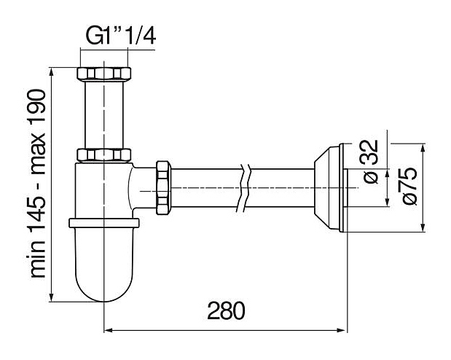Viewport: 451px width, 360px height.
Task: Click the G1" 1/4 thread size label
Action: click(x=121, y=36)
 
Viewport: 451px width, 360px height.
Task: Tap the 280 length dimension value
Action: click(x=226, y=310)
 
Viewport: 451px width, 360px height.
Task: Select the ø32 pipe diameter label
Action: click(x=371, y=162)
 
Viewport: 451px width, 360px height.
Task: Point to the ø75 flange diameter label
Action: click(x=409, y=186)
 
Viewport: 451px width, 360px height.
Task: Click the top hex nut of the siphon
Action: click(x=104, y=74)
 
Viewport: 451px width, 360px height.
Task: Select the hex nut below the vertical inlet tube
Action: click(x=104, y=154)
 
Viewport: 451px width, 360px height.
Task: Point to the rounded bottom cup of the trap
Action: click(x=104, y=265)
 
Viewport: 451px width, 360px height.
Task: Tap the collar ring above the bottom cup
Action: click(x=104, y=223)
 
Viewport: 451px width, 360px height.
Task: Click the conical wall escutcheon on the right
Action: click(x=329, y=187)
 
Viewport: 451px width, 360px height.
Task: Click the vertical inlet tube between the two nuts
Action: click(x=104, y=114)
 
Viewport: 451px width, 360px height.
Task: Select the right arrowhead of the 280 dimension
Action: click(x=341, y=330)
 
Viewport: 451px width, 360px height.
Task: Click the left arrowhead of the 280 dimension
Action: click(x=109, y=330)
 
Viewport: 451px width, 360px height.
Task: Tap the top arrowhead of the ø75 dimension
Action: click(x=423, y=149)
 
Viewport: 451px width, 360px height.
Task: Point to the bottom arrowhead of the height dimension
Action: click(x=52, y=296)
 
